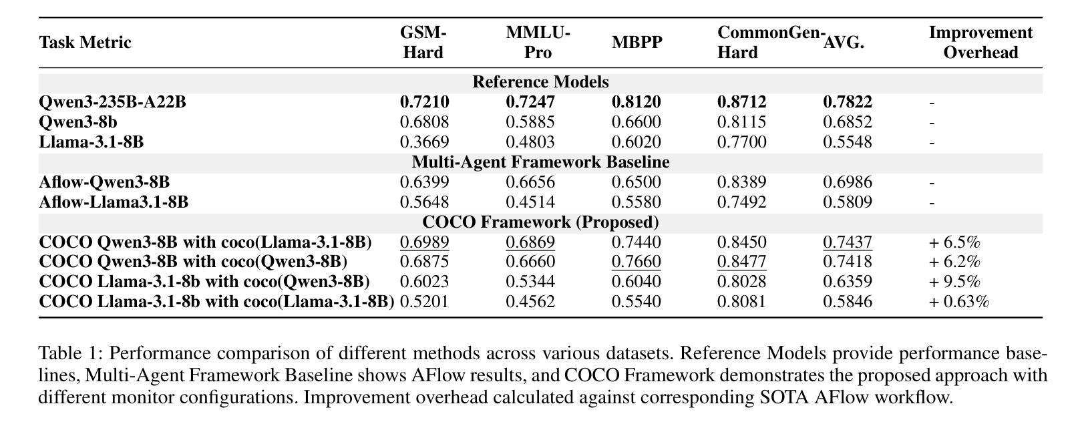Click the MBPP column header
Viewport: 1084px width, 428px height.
(637, 43)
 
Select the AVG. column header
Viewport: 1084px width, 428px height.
(844, 43)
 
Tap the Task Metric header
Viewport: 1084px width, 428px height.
(85, 43)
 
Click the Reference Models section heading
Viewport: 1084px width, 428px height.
(540, 81)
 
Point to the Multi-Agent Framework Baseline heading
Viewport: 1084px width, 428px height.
(540, 162)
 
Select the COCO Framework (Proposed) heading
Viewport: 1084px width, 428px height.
(540, 222)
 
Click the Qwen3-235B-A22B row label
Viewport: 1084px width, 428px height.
(112, 102)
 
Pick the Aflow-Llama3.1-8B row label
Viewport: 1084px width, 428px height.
(114, 202)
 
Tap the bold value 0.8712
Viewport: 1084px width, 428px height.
(742, 102)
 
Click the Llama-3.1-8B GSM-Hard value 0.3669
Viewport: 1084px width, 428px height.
(424, 142)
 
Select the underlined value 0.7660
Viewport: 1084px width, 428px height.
(637, 262)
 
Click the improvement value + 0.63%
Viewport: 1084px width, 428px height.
(958, 302)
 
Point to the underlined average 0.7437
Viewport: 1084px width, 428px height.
(848, 242)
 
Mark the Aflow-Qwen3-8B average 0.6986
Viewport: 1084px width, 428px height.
(848, 182)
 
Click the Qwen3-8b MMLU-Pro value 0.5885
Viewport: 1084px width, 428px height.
(530, 122)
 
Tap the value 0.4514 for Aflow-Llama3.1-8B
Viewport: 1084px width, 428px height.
(530, 202)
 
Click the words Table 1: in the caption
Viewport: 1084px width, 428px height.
(71, 353)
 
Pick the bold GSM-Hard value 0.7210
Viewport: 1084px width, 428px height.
(424, 102)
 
